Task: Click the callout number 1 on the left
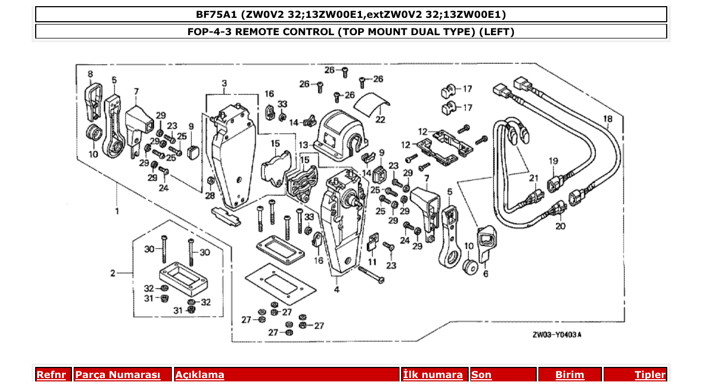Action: click(x=117, y=211)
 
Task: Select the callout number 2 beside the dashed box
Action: click(x=113, y=273)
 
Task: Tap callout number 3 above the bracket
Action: click(x=224, y=84)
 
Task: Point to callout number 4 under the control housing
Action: click(x=336, y=290)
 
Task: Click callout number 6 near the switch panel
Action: click(x=485, y=274)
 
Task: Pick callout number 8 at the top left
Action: click(x=90, y=74)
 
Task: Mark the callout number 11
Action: click(x=372, y=262)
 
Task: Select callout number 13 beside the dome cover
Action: click(x=303, y=145)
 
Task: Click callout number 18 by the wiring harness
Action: click(x=608, y=119)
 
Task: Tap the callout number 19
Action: click(x=553, y=161)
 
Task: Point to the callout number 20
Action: click(x=560, y=226)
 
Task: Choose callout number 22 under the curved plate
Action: click(x=380, y=119)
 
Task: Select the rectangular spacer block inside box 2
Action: click(x=182, y=278)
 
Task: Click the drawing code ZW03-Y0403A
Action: click(x=556, y=335)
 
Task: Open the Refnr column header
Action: click(x=51, y=375)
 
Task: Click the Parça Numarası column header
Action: click(x=117, y=375)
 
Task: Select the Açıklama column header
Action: click(x=200, y=375)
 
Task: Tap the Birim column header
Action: click(x=569, y=375)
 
